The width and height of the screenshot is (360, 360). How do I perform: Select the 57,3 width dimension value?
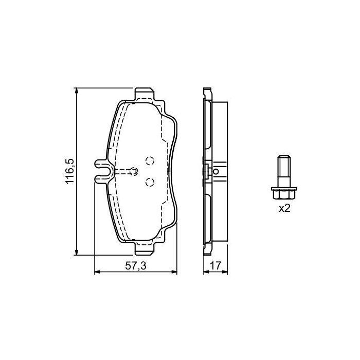(x=136, y=266)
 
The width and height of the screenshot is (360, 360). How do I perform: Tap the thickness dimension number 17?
(x=215, y=266)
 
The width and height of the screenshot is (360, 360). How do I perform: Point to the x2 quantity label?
(x=284, y=208)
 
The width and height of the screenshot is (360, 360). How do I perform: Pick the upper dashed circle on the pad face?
(x=150, y=160)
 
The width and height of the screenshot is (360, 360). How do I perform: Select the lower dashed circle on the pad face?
(x=150, y=181)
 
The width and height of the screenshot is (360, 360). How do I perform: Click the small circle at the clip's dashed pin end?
(x=135, y=171)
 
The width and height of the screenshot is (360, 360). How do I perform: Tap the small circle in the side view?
(x=217, y=171)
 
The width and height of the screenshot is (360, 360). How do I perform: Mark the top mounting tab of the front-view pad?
(x=145, y=93)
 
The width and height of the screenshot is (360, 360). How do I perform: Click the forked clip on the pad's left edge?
(x=102, y=171)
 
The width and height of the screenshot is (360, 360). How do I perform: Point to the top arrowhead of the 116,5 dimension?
(x=77, y=91)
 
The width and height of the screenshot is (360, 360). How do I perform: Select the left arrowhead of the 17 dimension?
(x=206, y=273)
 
